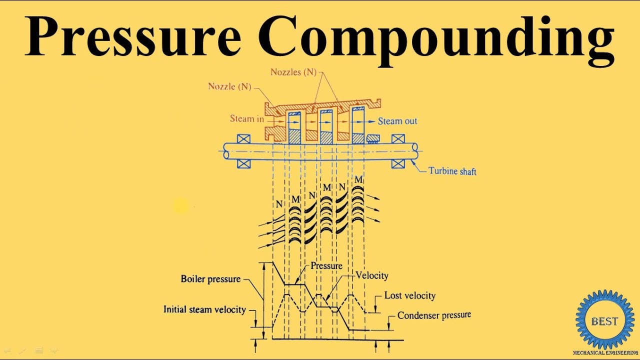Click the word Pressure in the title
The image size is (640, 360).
point(132,36)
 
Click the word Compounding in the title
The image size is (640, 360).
point(436,40)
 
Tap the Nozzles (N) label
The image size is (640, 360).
point(293,72)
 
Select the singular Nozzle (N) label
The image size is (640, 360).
point(229,86)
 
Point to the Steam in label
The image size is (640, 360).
point(247,118)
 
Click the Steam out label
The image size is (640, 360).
point(397,121)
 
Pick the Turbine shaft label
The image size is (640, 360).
point(452,171)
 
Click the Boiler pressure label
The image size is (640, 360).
point(210,279)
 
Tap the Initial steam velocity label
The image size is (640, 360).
point(204,309)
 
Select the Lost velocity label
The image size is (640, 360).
point(409,295)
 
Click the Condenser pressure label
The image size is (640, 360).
point(434,315)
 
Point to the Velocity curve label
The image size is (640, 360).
point(372,275)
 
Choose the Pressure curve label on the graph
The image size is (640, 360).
point(326,266)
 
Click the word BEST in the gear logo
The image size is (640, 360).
point(604,321)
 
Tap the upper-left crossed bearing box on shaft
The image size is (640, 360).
point(243,139)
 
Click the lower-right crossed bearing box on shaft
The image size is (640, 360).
point(398,163)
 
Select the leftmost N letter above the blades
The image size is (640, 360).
point(279,204)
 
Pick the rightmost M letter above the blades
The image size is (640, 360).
point(358,179)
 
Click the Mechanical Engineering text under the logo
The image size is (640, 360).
point(605,353)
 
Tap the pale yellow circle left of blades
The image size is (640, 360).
point(181,205)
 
